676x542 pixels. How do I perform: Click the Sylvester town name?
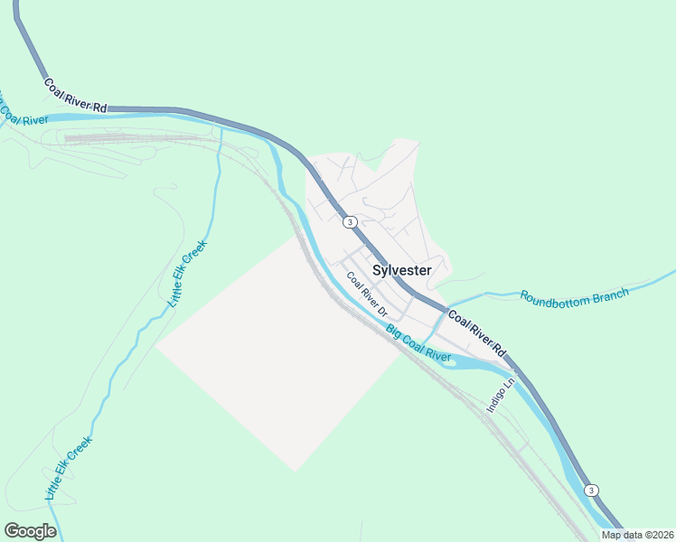[402, 270]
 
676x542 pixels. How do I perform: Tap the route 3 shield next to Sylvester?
[350, 221]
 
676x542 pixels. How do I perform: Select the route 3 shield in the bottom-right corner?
[591, 490]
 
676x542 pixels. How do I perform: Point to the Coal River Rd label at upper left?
[75, 96]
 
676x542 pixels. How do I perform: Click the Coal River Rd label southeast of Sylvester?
[476, 333]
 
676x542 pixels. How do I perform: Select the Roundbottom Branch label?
[575, 296]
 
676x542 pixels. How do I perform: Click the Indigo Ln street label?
[500, 395]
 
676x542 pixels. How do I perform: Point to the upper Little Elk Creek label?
[188, 274]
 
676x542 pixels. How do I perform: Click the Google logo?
[30, 530]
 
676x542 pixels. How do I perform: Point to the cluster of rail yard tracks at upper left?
[136, 139]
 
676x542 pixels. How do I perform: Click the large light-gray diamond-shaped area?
[280, 352]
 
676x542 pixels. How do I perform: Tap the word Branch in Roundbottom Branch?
[606, 294]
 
